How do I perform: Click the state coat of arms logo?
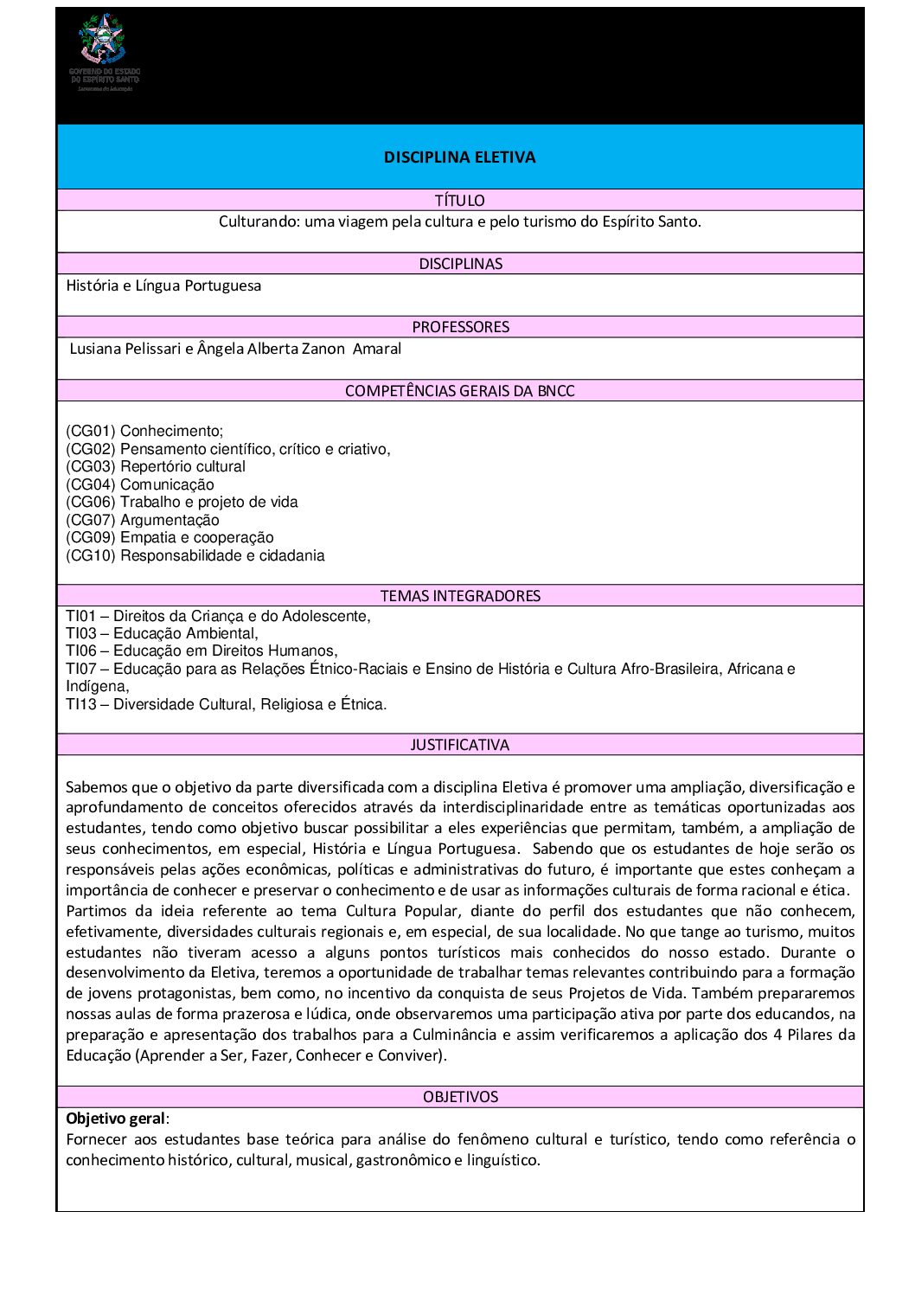point(103,39)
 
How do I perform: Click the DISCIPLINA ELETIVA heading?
point(459,157)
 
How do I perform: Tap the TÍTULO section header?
point(459,201)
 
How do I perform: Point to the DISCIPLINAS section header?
point(460,264)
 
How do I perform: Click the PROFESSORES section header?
point(460,327)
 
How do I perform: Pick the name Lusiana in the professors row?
point(97,349)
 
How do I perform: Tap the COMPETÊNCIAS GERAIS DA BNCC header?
point(459,391)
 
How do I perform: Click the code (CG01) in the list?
point(91,431)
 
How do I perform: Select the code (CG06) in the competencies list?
point(91,502)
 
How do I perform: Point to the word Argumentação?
point(170,520)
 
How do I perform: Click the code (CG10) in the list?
point(91,555)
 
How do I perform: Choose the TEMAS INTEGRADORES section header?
point(460,596)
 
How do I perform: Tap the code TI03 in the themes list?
point(81,633)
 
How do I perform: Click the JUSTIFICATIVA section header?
point(459,745)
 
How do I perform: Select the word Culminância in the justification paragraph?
point(455,1035)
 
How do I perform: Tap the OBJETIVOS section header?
point(460,1097)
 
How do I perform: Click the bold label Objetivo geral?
point(115,1119)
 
